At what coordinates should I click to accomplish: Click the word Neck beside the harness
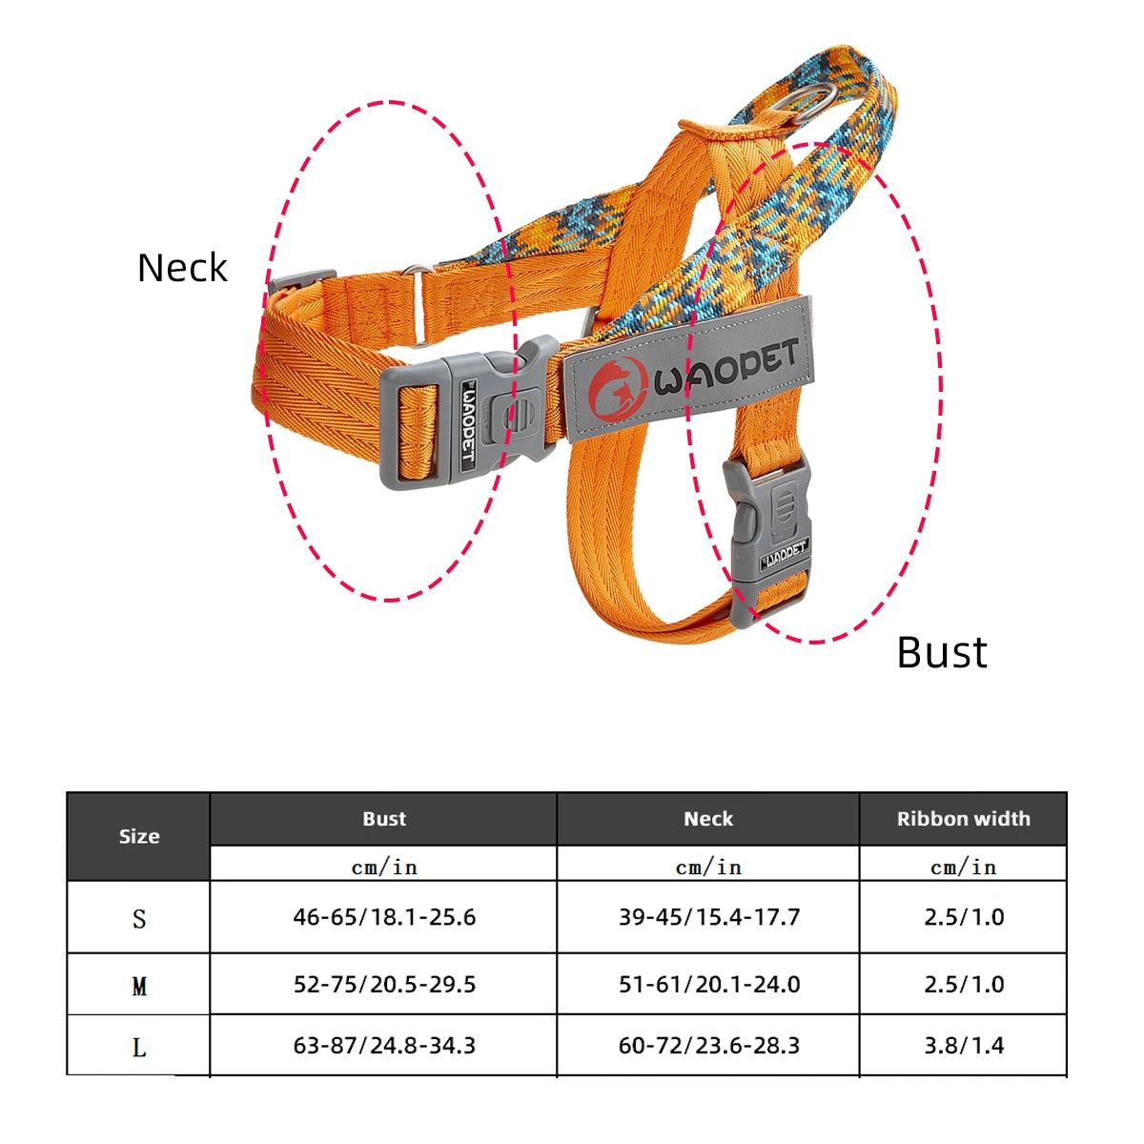182,268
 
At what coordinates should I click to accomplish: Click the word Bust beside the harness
942,653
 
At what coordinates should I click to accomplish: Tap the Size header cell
139,836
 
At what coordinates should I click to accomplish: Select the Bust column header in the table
384,819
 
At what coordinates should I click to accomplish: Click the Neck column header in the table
708,819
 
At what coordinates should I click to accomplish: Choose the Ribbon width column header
963,819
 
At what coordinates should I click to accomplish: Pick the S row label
139,919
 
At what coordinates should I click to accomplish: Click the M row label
139,986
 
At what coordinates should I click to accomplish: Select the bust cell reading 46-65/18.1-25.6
384,917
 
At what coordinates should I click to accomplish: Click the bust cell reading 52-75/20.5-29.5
384,985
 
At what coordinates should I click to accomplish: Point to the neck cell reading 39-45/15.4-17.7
708,917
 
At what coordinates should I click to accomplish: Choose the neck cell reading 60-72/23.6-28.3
708,1046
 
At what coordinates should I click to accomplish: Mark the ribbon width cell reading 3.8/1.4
963,1046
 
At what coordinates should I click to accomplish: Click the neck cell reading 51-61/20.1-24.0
708,985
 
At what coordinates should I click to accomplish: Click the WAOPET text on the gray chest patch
726,370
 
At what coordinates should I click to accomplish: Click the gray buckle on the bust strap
767,539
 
